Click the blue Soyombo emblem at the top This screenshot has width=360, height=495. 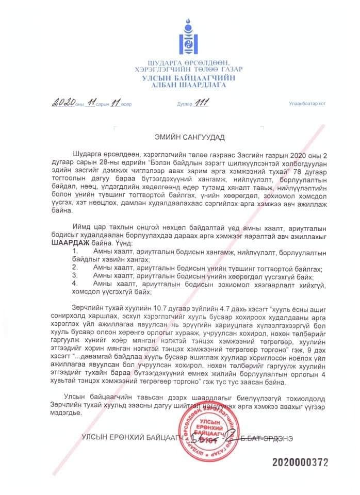tap(187, 35)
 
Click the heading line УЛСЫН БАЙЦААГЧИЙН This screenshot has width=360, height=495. tap(187, 77)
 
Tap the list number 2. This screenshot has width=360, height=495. tap(75, 268)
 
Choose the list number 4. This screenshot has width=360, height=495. tap(75, 284)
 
